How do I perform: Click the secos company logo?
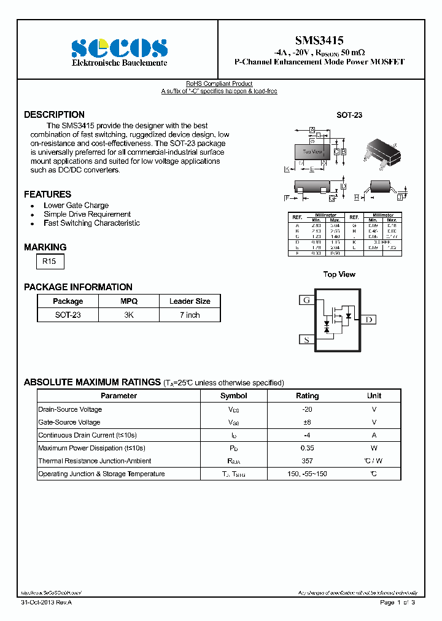point(119,48)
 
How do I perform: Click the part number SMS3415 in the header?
point(319,40)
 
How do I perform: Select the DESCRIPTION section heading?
point(54,115)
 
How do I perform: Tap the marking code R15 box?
point(49,261)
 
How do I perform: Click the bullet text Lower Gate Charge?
point(76,206)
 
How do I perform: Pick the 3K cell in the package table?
point(129,315)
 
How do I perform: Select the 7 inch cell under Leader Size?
point(190,315)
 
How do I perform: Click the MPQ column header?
point(129,301)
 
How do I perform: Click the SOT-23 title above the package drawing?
point(349,115)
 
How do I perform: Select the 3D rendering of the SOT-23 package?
point(381,152)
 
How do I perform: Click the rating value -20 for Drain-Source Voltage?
point(308,409)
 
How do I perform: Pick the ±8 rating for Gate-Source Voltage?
point(308,422)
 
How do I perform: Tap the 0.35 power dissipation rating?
point(308,448)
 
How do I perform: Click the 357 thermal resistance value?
point(308,461)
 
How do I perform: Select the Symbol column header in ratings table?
point(233,396)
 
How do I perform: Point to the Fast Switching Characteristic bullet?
point(91,223)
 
